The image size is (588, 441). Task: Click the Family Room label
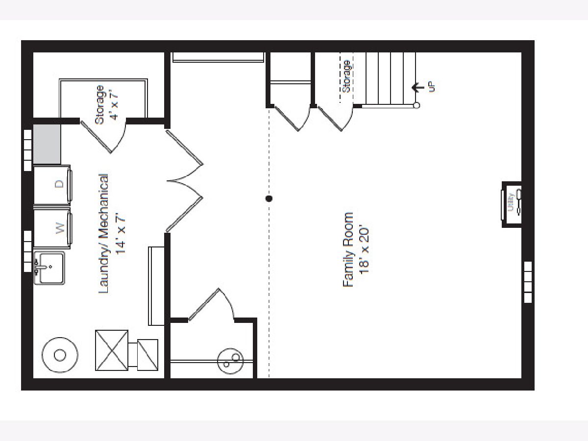pyautogui.click(x=348, y=249)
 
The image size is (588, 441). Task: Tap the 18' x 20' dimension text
pyautogui.click(x=365, y=251)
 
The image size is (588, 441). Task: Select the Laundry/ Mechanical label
pyautogui.click(x=103, y=234)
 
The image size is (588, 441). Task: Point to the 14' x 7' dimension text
pyautogui.click(x=120, y=233)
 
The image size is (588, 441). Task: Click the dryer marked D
pyautogui.click(x=52, y=185)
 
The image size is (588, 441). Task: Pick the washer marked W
pyautogui.click(x=52, y=228)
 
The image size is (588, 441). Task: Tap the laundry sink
pyautogui.click(x=49, y=268)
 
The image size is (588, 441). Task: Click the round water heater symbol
pyautogui.click(x=60, y=355)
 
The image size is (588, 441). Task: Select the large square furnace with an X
pyautogui.click(x=112, y=350)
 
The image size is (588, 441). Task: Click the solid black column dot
pyautogui.click(x=269, y=198)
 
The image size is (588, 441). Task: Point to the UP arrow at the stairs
pyautogui.click(x=418, y=87)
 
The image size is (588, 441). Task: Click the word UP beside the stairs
pyautogui.click(x=432, y=87)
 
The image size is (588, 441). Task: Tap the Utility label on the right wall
pyautogui.click(x=511, y=202)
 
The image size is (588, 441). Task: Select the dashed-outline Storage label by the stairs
pyautogui.click(x=346, y=76)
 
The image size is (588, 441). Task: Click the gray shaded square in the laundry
pyautogui.click(x=47, y=144)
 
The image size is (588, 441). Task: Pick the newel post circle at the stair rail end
pyautogui.click(x=416, y=105)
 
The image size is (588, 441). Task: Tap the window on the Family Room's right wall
pyautogui.click(x=528, y=282)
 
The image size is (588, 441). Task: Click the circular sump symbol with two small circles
pyautogui.click(x=230, y=361)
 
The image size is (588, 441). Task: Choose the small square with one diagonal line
pyautogui.click(x=147, y=355)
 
